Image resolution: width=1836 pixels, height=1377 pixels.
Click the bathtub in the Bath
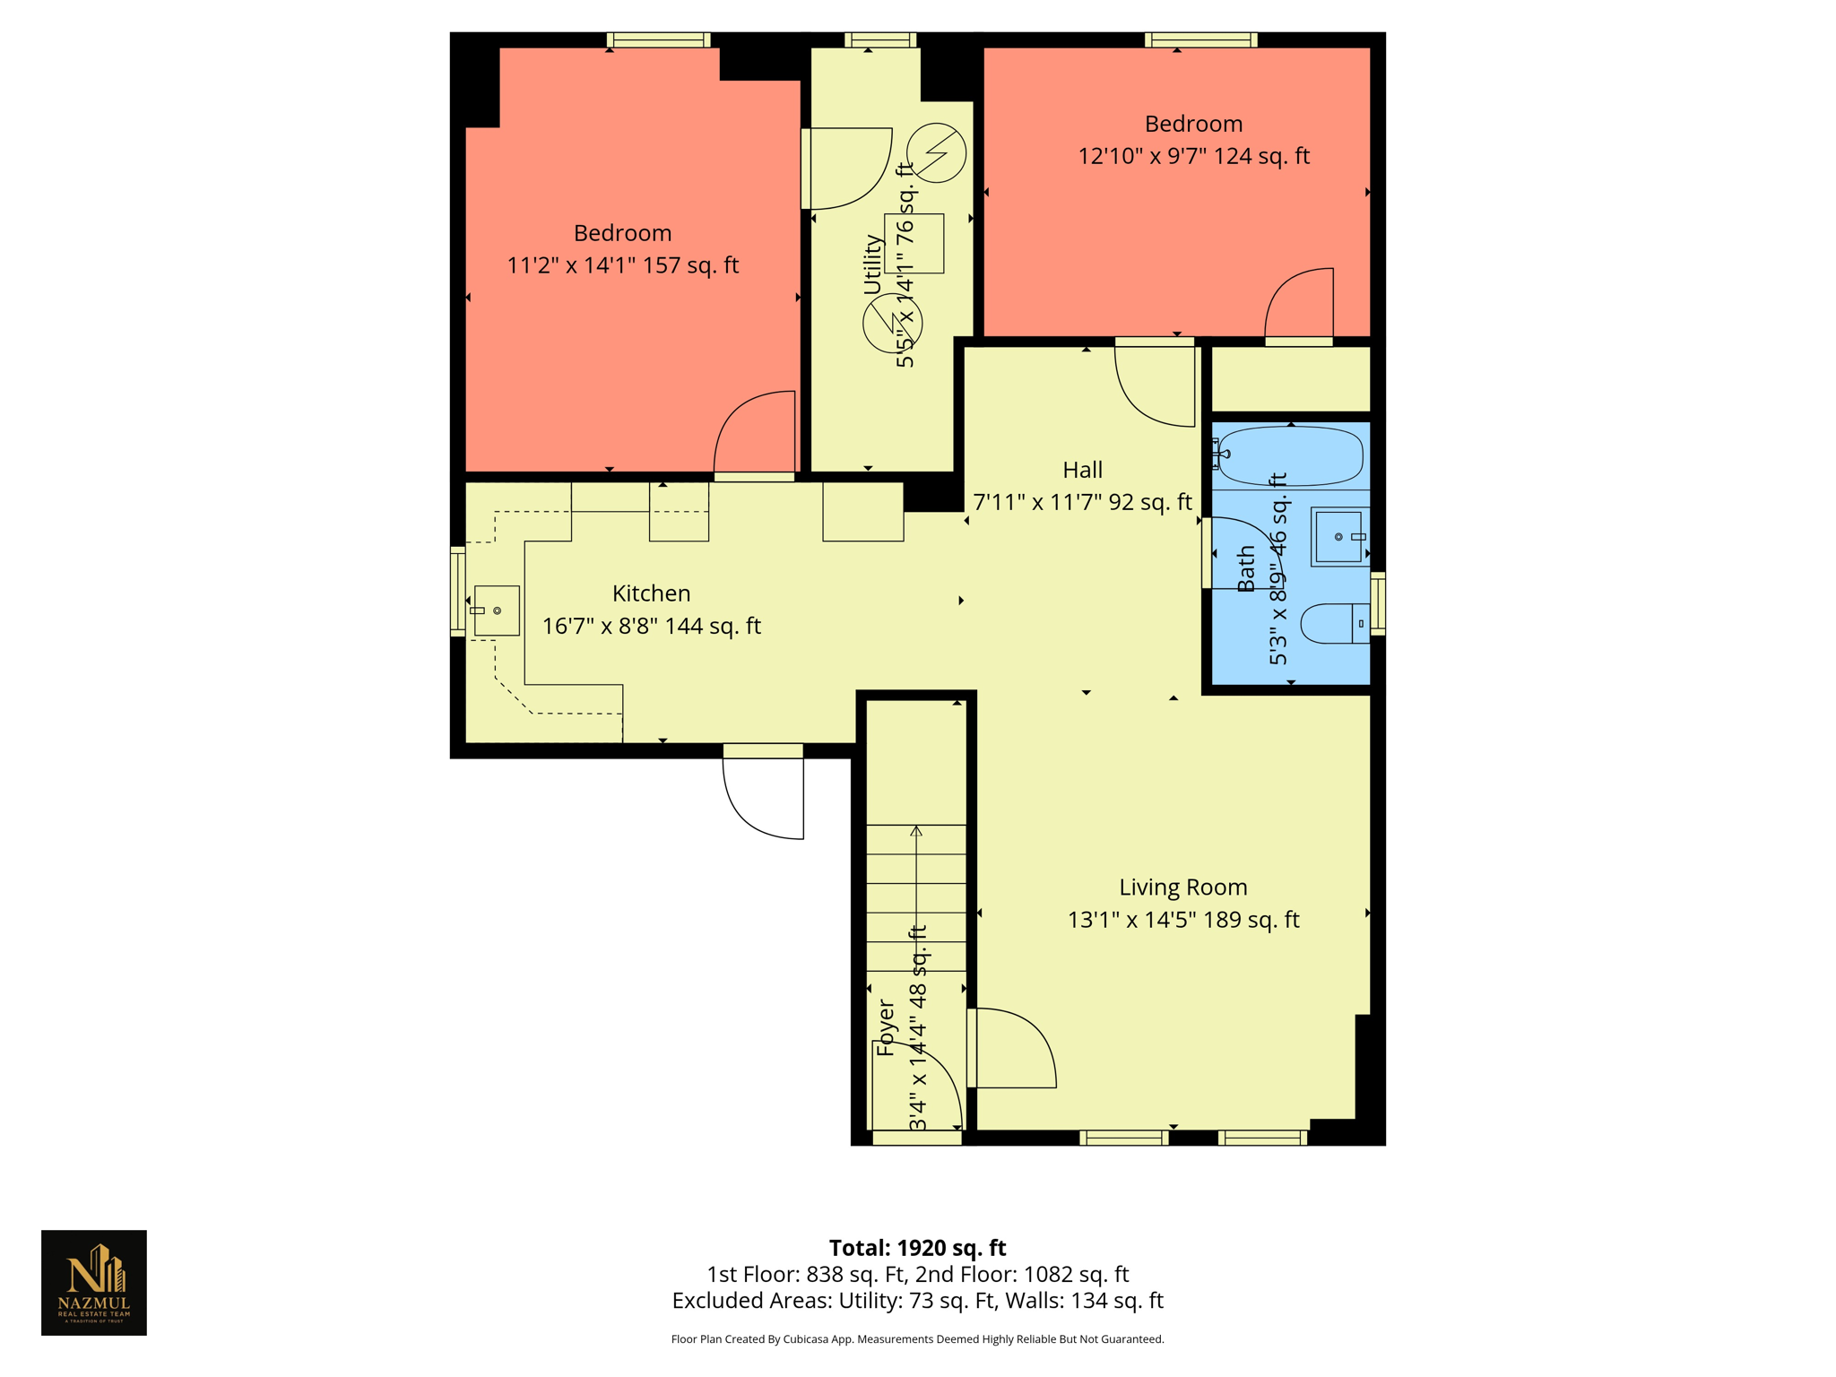(x=1290, y=456)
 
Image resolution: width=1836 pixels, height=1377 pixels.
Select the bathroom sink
(x=1339, y=537)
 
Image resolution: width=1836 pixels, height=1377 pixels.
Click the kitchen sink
(x=496, y=611)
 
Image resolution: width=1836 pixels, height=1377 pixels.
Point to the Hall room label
(x=1082, y=470)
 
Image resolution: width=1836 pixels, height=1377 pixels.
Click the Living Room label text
(x=1182, y=887)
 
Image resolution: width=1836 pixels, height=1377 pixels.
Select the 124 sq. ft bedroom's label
(x=1193, y=124)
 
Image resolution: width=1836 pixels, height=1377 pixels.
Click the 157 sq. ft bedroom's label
(x=622, y=233)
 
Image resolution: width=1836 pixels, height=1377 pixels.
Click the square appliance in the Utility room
(x=914, y=243)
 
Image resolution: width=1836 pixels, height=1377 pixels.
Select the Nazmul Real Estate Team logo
(x=94, y=1282)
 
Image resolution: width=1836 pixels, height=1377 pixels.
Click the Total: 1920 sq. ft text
(x=917, y=1247)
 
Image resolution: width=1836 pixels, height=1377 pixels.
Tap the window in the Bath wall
(x=1378, y=603)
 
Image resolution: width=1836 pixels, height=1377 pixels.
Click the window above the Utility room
(x=880, y=39)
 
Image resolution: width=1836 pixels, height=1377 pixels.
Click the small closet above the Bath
(x=1290, y=379)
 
